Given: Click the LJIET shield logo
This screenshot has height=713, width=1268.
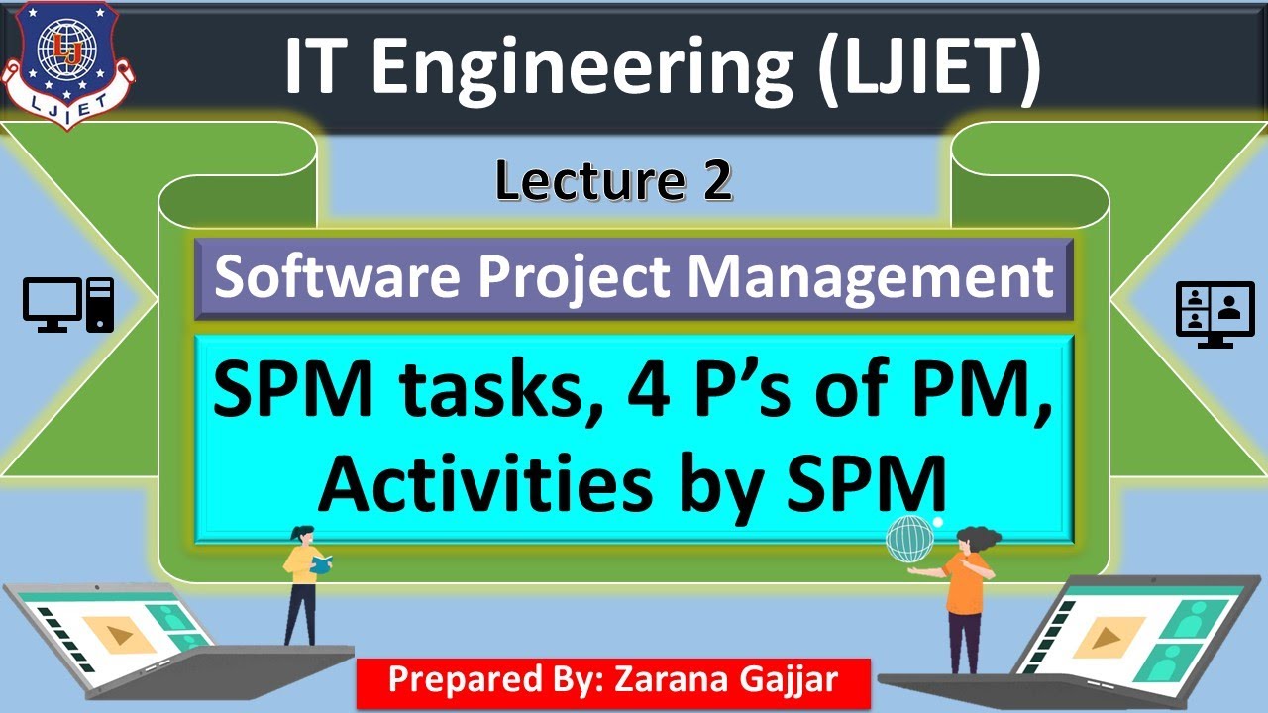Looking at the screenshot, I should pos(67,61).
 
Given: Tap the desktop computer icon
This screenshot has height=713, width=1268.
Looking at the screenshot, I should pos(68,304).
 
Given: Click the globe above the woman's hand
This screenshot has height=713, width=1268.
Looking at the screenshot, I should pos(909,539).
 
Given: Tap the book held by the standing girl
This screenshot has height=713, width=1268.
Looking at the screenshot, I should pos(321,564).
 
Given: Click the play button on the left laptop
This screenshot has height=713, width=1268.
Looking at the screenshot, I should pos(118,633).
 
